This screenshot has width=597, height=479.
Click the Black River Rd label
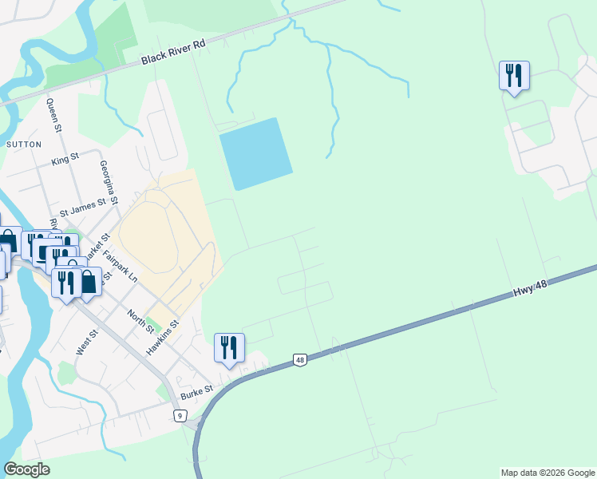(174, 53)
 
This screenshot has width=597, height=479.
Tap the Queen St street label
(53, 115)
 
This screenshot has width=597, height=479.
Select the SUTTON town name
(22, 144)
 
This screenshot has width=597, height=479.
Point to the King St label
(65, 160)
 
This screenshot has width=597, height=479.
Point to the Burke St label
(196, 392)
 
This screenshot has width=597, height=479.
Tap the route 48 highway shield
(299, 360)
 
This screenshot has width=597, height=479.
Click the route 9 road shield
(180, 415)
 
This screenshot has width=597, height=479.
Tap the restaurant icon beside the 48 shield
(229, 347)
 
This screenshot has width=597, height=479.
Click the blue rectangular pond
(255, 154)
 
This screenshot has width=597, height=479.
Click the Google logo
(26, 469)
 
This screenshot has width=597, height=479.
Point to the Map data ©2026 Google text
(548, 473)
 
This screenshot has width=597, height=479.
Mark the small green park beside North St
(155, 326)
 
